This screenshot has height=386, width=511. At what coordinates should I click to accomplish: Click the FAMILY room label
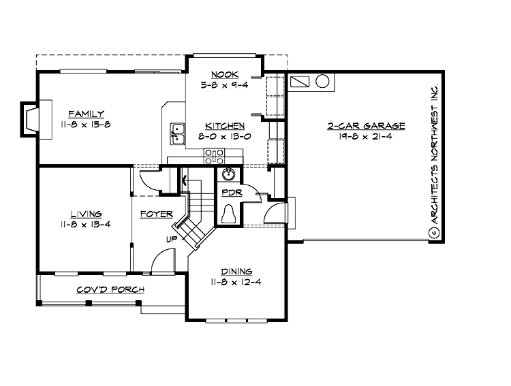86,114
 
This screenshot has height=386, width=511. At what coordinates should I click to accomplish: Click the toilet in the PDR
230,214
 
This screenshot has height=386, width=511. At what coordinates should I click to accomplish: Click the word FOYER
156,214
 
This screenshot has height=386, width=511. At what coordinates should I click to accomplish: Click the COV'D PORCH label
110,289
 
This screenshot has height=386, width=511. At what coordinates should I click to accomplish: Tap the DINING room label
235,271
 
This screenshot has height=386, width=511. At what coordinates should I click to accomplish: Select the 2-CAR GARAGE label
366,126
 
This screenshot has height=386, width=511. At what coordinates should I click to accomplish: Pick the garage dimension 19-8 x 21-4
366,136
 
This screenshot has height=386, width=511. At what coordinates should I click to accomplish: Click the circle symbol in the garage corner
322,83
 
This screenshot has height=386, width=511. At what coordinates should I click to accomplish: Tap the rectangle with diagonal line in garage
299,83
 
